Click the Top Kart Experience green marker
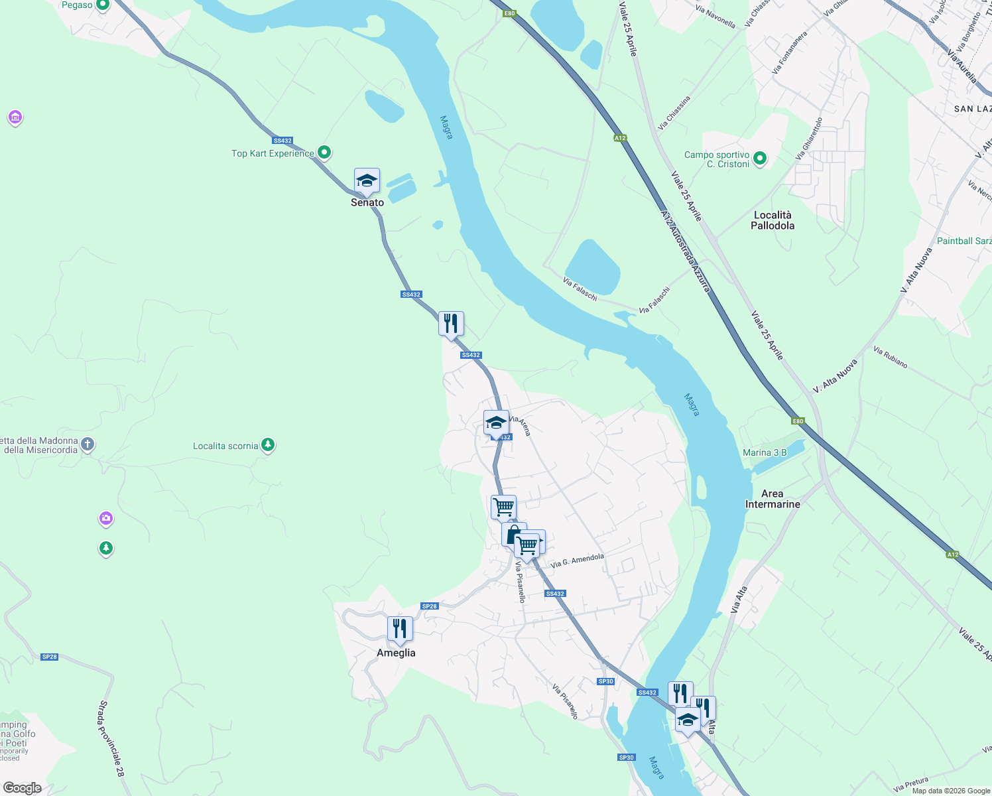coord(324,153)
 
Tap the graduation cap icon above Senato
coord(367,180)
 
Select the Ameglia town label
coord(396,653)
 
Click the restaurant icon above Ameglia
coord(400,628)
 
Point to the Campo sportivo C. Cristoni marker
coord(760,159)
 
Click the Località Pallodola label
coord(773,220)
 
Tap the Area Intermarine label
coord(773,499)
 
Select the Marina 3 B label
coord(765,452)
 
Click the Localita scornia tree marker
coord(268,444)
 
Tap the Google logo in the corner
coord(22,788)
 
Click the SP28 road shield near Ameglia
coord(430,606)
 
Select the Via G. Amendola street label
coord(577,560)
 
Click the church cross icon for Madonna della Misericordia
coord(88,444)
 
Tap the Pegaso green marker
coord(102,5)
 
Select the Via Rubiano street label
coord(890,357)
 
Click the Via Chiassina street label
coord(674,113)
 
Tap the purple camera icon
coord(106,518)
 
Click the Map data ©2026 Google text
coord(950,791)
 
